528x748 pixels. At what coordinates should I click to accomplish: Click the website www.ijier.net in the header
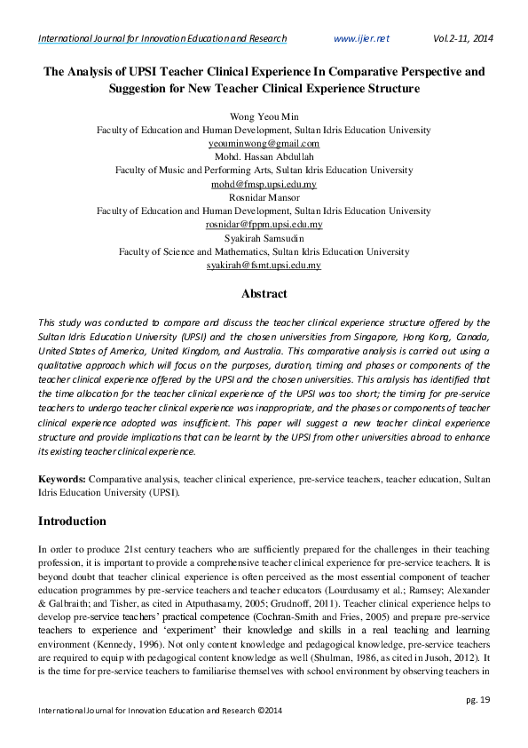(360, 39)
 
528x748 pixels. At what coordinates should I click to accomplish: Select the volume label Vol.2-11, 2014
(463, 39)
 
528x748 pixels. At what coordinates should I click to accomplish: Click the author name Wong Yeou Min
(264, 116)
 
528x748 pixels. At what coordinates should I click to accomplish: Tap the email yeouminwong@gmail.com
(264, 143)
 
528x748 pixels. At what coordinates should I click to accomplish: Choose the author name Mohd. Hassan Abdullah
(264, 156)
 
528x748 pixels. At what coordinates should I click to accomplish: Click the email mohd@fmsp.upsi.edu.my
(264, 184)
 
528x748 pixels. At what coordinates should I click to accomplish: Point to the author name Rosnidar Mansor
(264, 197)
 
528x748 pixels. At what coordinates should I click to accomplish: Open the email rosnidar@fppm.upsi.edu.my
(264, 225)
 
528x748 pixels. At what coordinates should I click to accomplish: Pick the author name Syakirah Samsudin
(264, 238)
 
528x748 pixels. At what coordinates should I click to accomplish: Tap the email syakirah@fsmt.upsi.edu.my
(264, 266)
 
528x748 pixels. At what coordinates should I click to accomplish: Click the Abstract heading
(264, 293)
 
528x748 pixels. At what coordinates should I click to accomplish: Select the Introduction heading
(72, 521)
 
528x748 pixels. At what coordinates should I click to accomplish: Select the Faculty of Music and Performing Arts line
(264, 170)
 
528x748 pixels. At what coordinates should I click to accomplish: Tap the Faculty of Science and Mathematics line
(264, 251)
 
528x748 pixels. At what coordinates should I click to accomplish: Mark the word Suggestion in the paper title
(143, 90)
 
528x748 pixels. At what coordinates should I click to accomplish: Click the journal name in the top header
(162, 39)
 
